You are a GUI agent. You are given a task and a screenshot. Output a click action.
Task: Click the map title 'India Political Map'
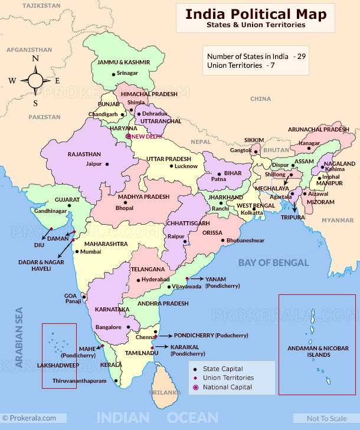[x=256, y=14]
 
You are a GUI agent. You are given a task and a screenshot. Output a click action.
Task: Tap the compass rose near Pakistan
[x=35, y=80]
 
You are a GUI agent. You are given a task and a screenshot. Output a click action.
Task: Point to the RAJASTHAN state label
[x=84, y=154]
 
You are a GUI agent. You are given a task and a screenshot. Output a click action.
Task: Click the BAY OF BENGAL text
[x=273, y=262]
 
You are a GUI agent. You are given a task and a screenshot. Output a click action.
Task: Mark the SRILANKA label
[x=165, y=392]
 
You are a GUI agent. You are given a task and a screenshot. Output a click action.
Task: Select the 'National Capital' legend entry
[x=227, y=387]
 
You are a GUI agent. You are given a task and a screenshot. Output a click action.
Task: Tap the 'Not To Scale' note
[x=326, y=418]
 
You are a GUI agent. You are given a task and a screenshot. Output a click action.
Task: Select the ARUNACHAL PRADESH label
[x=319, y=129]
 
